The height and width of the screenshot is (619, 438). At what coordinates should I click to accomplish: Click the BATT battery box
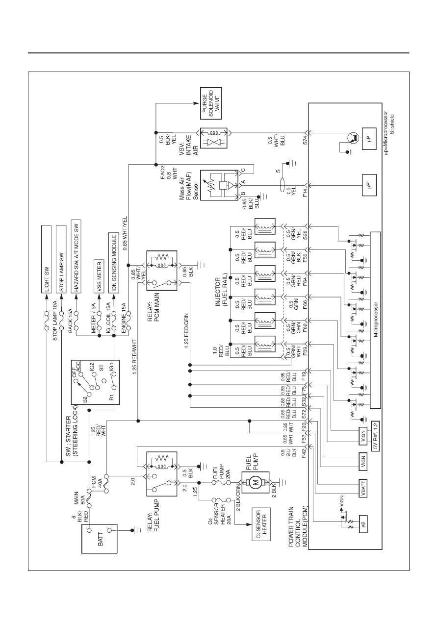point(100,539)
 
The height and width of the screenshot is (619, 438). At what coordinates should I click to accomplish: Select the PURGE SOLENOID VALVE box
point(211,103)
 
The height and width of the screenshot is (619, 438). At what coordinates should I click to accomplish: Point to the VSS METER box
point(99,276)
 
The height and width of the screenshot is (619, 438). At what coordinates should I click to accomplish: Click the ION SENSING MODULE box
point(114,263)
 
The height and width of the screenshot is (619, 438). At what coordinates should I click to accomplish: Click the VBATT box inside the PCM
point(363,488)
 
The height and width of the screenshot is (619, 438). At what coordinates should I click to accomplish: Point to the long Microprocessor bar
point(375,320)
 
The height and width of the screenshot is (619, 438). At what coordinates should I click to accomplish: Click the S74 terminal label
point(305,140)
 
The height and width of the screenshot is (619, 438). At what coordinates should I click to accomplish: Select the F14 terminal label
point(305,193)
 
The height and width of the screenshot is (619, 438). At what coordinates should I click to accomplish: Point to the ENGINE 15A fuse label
point(124,318)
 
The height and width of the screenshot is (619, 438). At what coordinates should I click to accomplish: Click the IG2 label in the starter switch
point(92,367)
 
